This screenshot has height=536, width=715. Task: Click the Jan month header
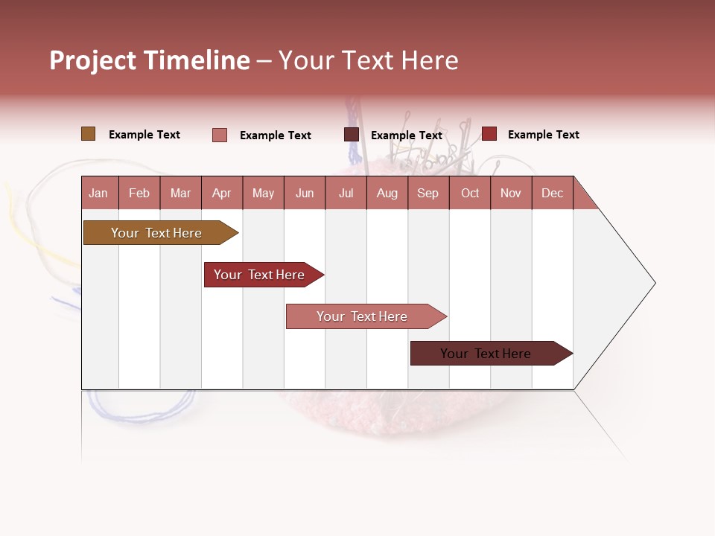pos(98,193)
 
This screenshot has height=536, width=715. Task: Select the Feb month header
pos(139,193)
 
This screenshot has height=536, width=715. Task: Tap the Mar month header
pos(180,193)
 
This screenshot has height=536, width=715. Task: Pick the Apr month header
pos(222,193)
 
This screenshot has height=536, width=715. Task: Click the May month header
pos(263,193)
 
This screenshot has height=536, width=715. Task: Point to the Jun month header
pos(305,193)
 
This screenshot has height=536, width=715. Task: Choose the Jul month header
pos(346,193)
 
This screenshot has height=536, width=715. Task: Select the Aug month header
pos(387,193)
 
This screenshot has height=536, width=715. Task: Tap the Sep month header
pos(428,193)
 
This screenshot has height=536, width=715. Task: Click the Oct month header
pos(470,193)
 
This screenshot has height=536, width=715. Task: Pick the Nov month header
pos(511,193)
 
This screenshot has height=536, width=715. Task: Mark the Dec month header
pos(553,193)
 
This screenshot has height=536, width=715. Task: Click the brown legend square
pos(89,134)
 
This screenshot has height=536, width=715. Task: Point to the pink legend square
pos(220,135)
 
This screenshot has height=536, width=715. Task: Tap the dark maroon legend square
pos(352,135)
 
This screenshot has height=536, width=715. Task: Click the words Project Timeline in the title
pos(150,60)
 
